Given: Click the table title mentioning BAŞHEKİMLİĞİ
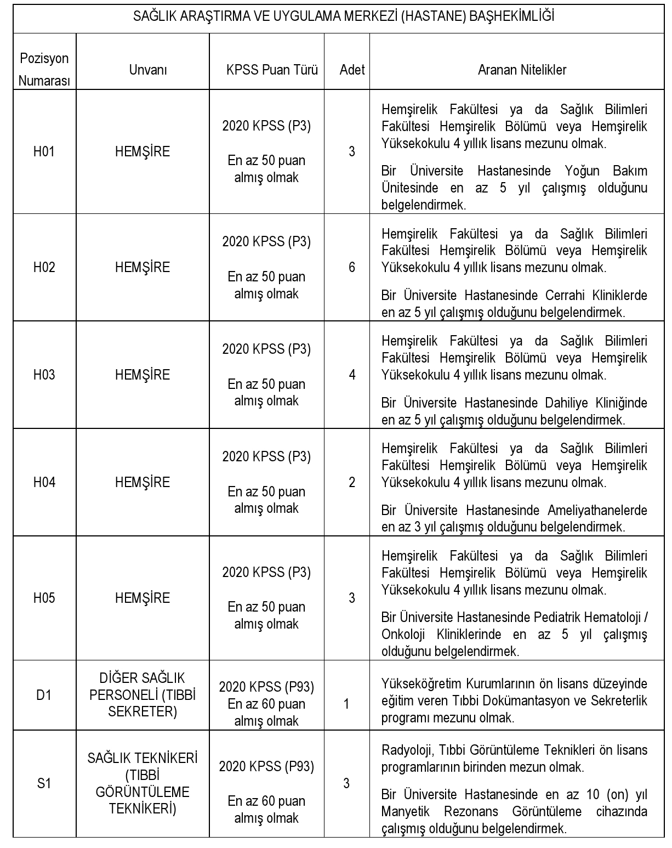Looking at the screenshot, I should [344, 16].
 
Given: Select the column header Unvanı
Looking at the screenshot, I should [148, 70].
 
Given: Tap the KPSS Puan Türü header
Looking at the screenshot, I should [272, 70].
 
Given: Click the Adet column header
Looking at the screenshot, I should [352, 70].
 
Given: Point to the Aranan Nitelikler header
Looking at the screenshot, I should [522, 70].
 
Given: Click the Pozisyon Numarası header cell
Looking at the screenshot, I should [44, 70].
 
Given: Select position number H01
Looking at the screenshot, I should [44, 152].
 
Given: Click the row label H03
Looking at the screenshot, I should [44, 375].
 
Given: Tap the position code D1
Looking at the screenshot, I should [44, 695].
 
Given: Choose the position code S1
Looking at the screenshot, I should [44, 784].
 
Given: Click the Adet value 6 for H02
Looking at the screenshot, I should [352, 268].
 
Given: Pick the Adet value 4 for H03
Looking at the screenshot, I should [352, 375].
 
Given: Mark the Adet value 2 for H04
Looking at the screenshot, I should [352, 483].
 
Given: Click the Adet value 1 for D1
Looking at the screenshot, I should [346, 704].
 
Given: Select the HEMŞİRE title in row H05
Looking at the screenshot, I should [143, 598].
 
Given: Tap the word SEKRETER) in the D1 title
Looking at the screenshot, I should [143, 712].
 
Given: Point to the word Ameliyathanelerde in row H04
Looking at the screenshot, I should [597, 511].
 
